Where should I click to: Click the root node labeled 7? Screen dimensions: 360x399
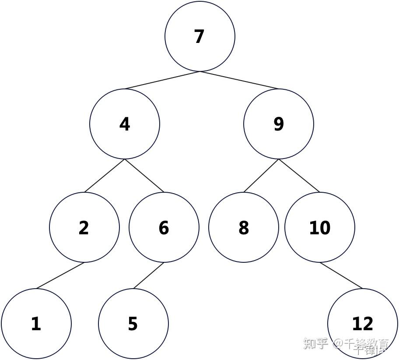pyautogui.click(x=200, y=36)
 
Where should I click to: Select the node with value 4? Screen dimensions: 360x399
pyautogui.click(x=125, y=124)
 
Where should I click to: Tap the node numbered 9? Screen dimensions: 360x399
pyautogui.click(x=279, y=124)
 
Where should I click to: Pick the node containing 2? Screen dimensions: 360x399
pyautogui.click(x=84, y=227)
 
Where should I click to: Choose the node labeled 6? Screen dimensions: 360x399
pyautogui.click(x=164, y=227)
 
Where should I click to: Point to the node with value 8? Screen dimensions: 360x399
pyautogui.click(x=244, y=227)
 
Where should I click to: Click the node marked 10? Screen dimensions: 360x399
pyautogui.click(x=320, y=227)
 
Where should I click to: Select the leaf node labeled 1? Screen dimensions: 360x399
pyautogui.click(x=36, y=324)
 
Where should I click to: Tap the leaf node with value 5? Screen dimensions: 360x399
pyautogui.click(x=133, y=324)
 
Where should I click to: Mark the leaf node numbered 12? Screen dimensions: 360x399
pyautogui.click(x=363, y=324)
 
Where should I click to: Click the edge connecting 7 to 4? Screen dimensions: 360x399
pyautogui.click(x=162, y=80)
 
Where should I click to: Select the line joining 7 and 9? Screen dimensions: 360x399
pyautogui.click(x=239, y=80)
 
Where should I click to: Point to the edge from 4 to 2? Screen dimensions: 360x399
pyautogui.click(x=105, y=176)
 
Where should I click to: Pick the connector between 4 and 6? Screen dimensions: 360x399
pyautogui.click(x=144, y=176)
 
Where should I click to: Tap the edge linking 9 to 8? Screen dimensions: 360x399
pyautogui.click(x=261, y=176)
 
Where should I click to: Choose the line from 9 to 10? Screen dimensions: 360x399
pyautogui.click(x=299, y=176)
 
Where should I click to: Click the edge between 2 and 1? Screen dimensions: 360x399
pyautogui.click(x=60, y=275)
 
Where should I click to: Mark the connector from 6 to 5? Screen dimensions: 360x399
pyautogui.click(x=149, y=275)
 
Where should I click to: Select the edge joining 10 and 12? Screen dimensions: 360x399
pyautogui.click(x=341, y=275)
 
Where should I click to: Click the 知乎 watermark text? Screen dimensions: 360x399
pyautogui.click(x=315, y=343)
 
